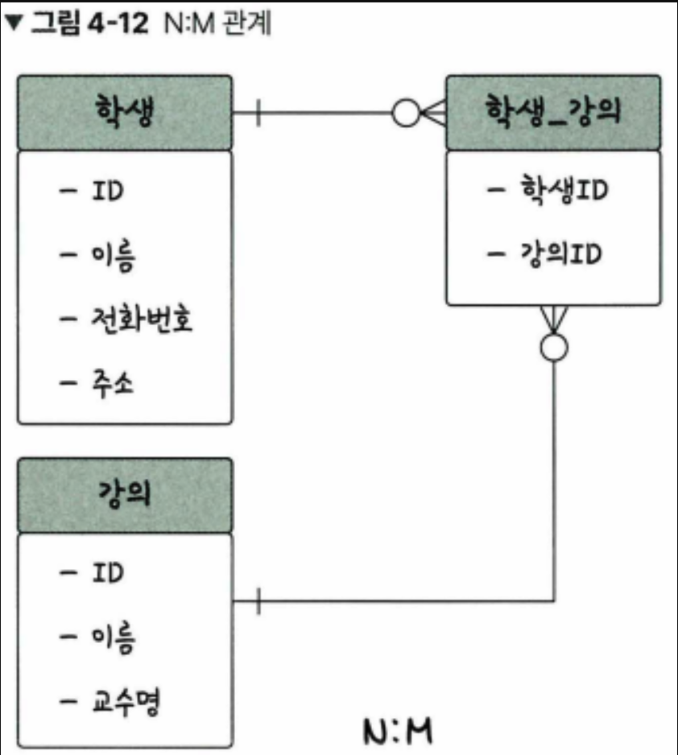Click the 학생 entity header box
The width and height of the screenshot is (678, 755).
pyautogui.click(x=125, y=112)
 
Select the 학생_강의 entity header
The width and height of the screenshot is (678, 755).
pyautogui.click(x=553, y=112)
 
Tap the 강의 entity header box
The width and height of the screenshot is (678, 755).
pyautogui.click(x=125, y=495)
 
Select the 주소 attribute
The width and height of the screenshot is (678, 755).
pyautogui.click(x=114, y=384)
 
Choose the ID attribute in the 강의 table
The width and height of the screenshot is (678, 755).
pyautogui.click(x=108, y=573)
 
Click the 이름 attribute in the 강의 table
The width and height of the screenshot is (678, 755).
pyautogui.click(x=114, y=639)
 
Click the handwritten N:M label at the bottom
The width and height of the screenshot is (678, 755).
pyautogui.click(x=398, y=732)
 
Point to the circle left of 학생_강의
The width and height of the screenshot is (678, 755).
pyautogui.click(x=405, y=113)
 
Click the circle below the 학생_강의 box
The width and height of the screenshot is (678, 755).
pyautogui.click(x=554, y=347)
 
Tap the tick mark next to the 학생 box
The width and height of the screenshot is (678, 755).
pyautogui.click(x=258, y=113)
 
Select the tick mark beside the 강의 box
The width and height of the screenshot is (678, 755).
pyautogui.click(x=258, y=600)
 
